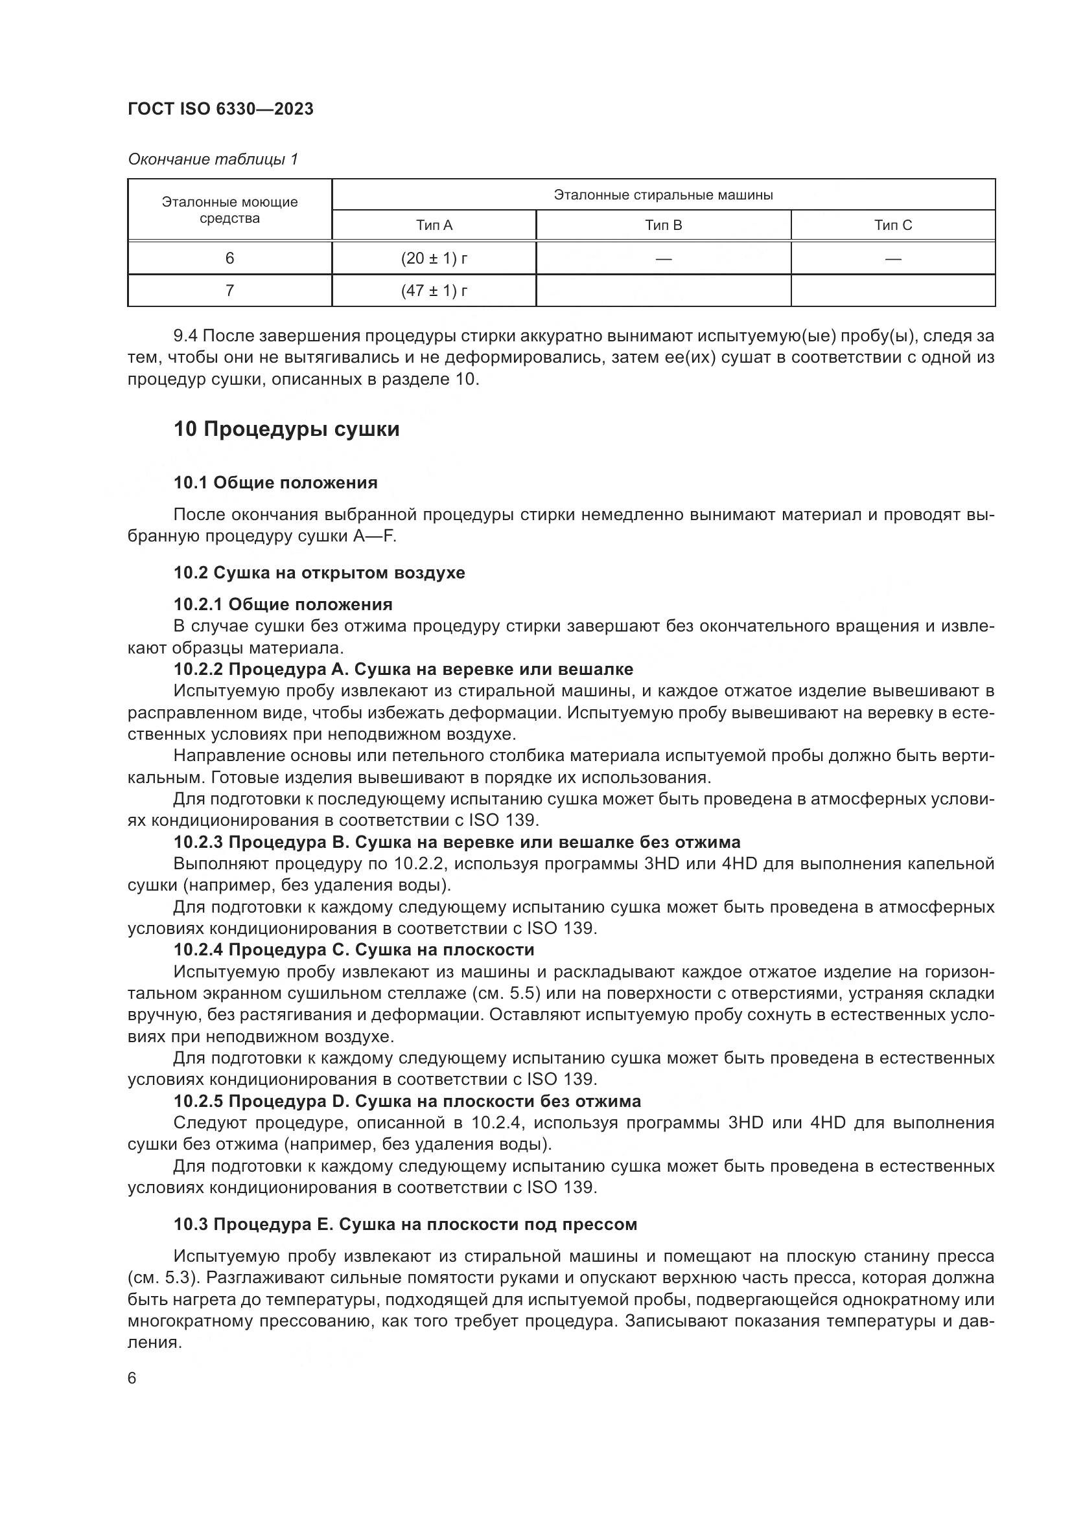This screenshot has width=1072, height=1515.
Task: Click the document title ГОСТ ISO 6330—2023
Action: [x=220, y=109]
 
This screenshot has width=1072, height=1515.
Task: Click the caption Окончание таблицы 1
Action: [x=213, y=159]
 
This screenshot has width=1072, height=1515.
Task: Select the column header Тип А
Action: [x=434, y=225]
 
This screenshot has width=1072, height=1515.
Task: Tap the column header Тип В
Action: [x=663, y=225]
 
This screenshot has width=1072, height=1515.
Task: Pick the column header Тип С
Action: [x=892, y=225]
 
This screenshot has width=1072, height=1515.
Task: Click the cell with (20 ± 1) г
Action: [x=434, y=258]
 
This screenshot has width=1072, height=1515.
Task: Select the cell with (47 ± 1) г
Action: [x=434, y=290]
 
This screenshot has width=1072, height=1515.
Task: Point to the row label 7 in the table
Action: [x=229, y=290]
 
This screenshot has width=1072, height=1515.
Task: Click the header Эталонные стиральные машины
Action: [x=663, y=195]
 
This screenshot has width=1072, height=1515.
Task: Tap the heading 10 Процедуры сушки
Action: [x=286, y=429]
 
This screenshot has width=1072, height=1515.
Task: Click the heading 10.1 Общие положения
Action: [x=275, y=483]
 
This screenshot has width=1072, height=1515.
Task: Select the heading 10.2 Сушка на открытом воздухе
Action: [x=319, y=572]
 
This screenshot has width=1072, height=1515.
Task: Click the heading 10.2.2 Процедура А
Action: [x=402, y=669]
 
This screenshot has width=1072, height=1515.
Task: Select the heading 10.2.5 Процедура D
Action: [x=406, y=1100]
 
